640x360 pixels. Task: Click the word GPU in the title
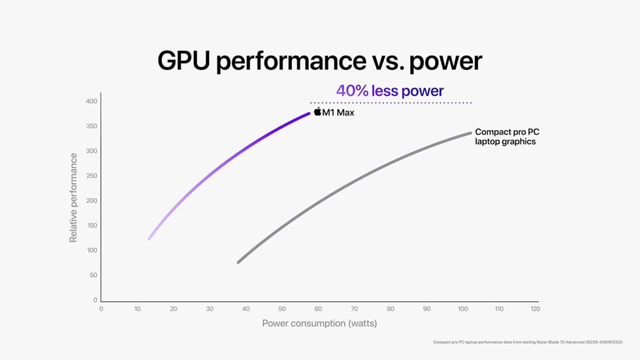click(x=184, y=61)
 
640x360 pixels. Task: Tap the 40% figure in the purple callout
click(x=352, y=91)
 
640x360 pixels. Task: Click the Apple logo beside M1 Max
click(x=317, y=112)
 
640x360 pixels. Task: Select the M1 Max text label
click(x=338, y=113)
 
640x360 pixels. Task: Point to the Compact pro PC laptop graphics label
click(x=507, y=137)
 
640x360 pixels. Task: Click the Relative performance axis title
click(x=73, y=197)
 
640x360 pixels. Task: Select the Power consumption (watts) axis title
click(x=319, y=323)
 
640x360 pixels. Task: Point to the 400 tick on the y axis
click(x=91, y=101)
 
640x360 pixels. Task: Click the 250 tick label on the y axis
click(x=91, y=176)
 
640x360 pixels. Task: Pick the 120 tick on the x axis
click(x=535, y=309)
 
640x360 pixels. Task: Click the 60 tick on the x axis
click(x=318, y=309)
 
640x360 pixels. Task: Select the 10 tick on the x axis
click(x=137, y=309)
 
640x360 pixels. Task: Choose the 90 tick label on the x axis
click(x=426, y=309)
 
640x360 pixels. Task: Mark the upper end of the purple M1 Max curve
click(x=309, y=114)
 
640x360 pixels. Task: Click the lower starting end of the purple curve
click(x=150, y=238)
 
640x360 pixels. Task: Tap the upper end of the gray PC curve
click(x=470, y=133)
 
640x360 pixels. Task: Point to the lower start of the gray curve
click(x=238, y=262)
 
